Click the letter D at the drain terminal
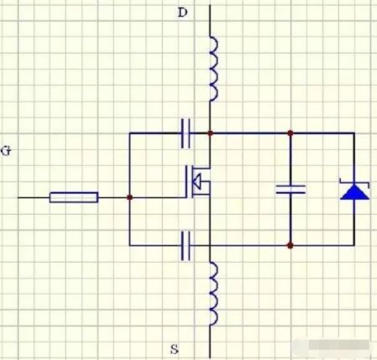[x=183, y=13]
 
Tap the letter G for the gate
[x=6, y=151]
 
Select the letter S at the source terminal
[x=175, y=349]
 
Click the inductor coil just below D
[x=213, y=69]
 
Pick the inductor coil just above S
[x=213, y=294]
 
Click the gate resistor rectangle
[x=74, y=197]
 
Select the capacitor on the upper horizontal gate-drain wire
[x=186, y=133]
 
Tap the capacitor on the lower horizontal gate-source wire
[x=186, y=246]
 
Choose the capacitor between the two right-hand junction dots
[x=291, y=190]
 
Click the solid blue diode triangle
[x=354, y=192]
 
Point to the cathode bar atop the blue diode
[x=354, y=183]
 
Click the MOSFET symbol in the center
[x=197, y=182]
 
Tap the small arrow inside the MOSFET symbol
[x=196, y=181]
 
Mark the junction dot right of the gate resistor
[x=129, y=197]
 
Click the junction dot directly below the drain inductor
[x=210, y=133]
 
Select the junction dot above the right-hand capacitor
[x=291, y=133]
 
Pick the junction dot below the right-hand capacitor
[x=291, y=246]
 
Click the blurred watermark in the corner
[x=333, y=346]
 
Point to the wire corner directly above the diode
[x=354, y=133]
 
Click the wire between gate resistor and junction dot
[x=113, y=197]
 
